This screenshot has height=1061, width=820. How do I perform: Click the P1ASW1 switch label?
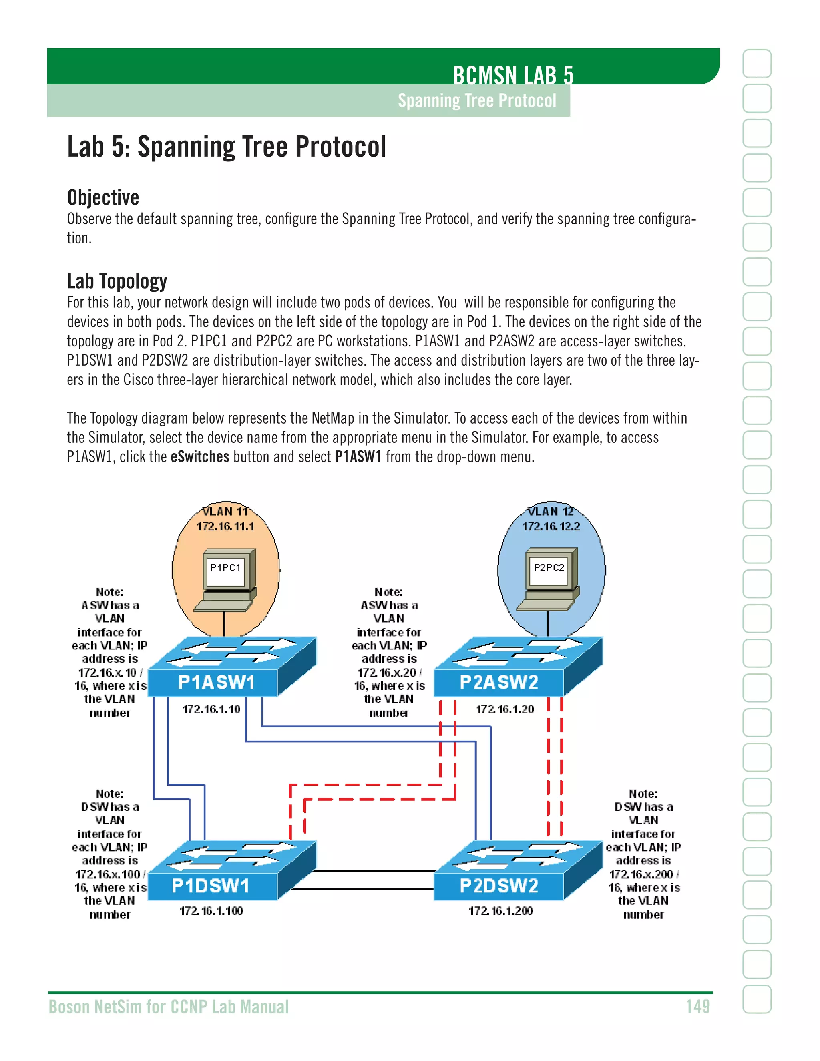click(216, 683)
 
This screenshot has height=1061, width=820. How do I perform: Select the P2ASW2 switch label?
click(499, 683)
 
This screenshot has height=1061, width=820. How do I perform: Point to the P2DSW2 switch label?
click(499, 886)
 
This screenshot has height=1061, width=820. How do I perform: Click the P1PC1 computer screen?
click(225, 569)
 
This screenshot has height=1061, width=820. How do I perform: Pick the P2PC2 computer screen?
click(549, 569)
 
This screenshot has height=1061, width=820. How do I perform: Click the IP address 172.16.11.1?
click(225, 526)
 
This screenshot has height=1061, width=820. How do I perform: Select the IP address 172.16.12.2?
click(551, 526)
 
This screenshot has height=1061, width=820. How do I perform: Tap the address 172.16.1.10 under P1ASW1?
click(211, 710)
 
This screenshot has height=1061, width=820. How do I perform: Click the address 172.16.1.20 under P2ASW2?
click(505, 710)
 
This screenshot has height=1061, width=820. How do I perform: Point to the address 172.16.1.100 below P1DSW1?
click(211, 911)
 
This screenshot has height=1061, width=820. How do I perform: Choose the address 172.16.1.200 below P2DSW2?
click(500, 911)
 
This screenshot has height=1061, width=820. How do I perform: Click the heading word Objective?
click(103, 198)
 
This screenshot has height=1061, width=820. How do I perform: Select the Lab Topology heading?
click(117, 281)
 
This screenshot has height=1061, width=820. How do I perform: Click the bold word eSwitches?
click(200, 457)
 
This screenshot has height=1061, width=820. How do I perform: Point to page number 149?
click(697, 1007)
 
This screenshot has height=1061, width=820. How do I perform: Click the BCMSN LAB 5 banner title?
click(513, 75)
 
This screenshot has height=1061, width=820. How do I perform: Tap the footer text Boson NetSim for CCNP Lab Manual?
click(169, 1007)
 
